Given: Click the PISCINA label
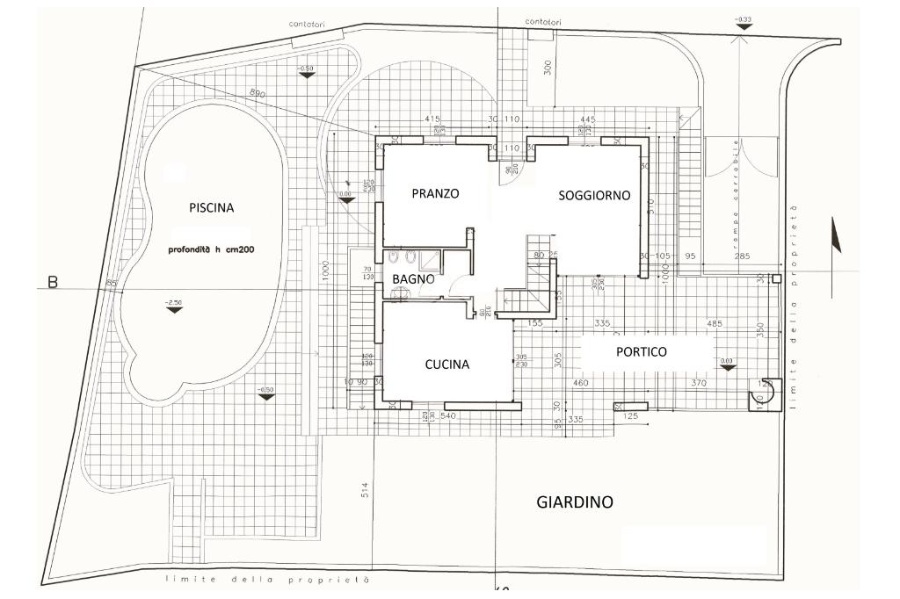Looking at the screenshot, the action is click(212, 208).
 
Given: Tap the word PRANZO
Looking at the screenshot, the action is click(435, 193).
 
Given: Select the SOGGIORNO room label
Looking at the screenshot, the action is click(594, 196).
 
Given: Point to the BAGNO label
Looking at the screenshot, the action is click(413, 278).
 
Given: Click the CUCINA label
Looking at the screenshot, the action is click(447, 364).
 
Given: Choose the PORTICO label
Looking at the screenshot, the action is click(641, 351).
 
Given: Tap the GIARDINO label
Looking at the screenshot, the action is click(574, 502).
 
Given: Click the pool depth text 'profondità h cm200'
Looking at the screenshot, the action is click(211, 249).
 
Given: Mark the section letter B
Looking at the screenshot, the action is click(52, 284).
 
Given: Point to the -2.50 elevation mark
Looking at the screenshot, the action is click(174, 304).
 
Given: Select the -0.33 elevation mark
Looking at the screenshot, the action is click(744, 22).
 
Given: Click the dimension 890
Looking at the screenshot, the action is click(257, 93).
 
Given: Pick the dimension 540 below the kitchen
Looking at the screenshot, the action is click(448, 415).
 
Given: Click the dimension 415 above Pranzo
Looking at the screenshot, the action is click(431, 118).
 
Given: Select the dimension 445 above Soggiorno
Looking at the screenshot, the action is click(589, 119).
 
